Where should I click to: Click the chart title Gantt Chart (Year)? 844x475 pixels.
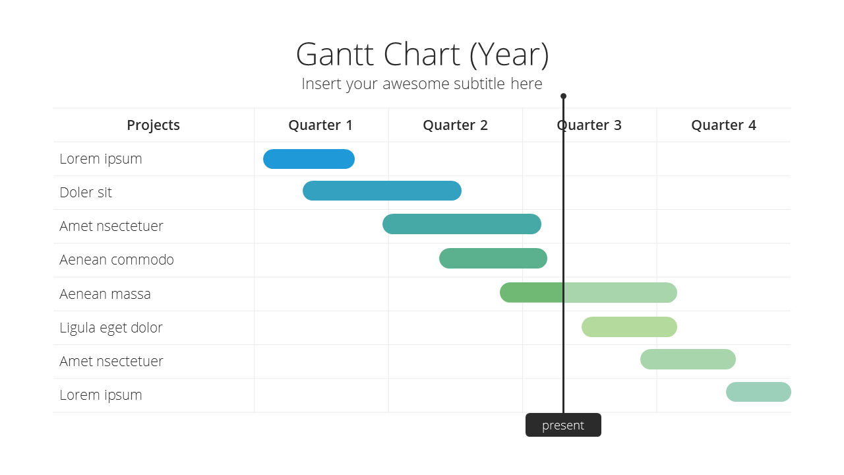(x=423, y=55)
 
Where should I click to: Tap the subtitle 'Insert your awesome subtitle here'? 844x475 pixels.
(x=421, y=84)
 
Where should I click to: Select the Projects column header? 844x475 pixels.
(x=153, y=125)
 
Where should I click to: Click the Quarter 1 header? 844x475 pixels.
(x=320, y=125)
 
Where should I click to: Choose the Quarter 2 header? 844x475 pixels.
(x=455, y=125)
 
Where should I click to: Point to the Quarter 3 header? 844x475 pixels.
(x=589, y=125)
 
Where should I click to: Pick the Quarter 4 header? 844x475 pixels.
(x=723, y=125)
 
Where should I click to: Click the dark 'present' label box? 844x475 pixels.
(x=563, y=425)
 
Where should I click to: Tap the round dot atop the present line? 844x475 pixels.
(x=563, y=96)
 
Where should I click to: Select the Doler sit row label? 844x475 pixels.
(x=86, y=192)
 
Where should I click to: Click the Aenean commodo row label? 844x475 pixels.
(x=117, y=260)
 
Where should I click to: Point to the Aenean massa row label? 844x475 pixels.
(x=105, y=294)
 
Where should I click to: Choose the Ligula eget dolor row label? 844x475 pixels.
(x=111, y=328)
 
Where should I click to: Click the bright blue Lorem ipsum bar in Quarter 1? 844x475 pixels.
(x=309, y=159)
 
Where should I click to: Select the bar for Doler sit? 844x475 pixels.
(x=382, y=191)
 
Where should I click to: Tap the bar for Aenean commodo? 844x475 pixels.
(x=493, y=258)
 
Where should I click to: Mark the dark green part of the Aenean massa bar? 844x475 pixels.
(x=531, y=292)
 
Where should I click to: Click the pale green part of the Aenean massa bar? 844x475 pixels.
(x=620, y=292)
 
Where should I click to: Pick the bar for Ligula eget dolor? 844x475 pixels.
(x=629, y=327)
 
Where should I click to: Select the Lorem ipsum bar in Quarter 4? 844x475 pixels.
(x=758, y=392)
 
